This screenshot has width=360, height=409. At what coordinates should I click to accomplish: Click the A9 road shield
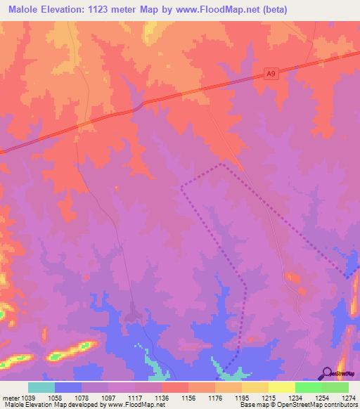tap(272, 72)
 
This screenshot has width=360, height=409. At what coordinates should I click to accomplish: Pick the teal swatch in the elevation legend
tap(41, 387)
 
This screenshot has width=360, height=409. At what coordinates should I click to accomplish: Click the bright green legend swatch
tap(309, 387)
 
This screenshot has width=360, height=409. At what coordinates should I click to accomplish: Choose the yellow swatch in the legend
tap(255, 387)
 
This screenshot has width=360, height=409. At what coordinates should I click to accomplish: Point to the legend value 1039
tap(35, 398)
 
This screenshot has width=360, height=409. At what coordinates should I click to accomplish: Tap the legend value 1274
tap(349, 398)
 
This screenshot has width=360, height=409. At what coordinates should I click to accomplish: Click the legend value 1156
tap(188, 398)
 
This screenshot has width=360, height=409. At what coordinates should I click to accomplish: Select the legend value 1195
tap(242, 398)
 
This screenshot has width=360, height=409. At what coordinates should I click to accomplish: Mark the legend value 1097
tap(108, 398)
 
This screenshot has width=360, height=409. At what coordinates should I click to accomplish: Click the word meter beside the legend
tap(11, 398)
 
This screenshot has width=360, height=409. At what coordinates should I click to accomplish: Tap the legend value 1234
tap(295, 398)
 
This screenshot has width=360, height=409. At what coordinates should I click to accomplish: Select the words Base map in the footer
tap(251, 405)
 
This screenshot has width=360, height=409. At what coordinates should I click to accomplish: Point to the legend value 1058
tap(54, 398)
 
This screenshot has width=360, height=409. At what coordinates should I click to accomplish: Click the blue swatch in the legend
tap(68, 387)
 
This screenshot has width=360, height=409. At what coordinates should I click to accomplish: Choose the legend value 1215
tap(269, 398)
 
